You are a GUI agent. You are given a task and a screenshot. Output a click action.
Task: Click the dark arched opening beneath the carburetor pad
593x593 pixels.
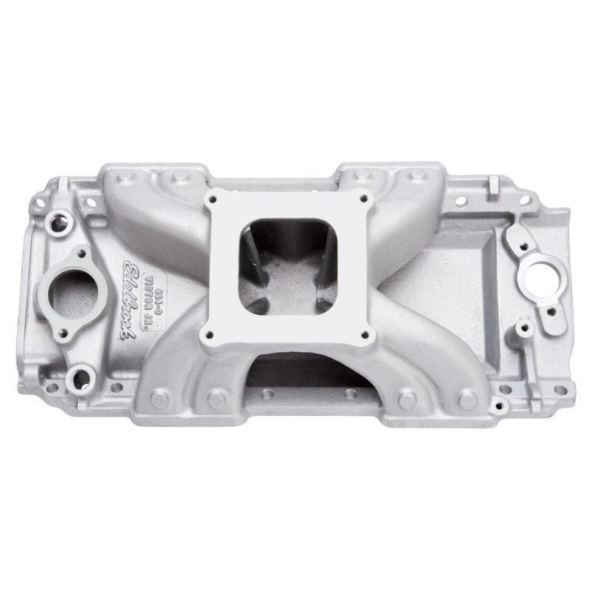(296, 370)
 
